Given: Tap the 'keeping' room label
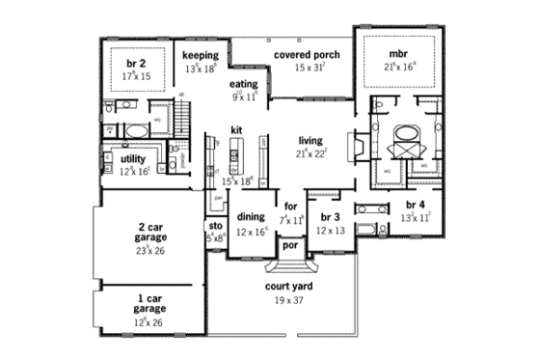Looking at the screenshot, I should click(202, 55).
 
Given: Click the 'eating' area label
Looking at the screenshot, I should click(243, 84).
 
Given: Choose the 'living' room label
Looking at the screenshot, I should click(310, 139).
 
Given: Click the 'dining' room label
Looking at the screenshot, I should click(251, 218).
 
